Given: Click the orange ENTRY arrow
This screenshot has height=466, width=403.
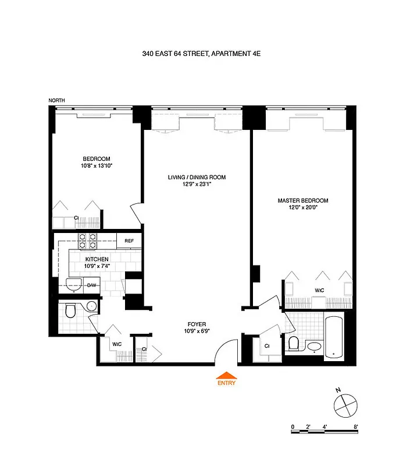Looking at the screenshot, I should tap(227, 376).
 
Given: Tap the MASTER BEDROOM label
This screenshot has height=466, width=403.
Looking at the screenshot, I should tap(302, 200).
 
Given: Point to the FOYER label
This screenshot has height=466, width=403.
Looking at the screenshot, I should tap(197, 324).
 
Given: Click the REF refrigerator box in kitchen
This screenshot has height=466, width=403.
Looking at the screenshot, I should tap(129, 239).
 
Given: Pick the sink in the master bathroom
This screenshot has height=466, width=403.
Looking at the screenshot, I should tap(315, 347).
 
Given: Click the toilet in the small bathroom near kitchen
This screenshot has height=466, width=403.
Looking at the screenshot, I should tap(71, 312).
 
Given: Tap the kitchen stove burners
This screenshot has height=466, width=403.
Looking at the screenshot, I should tap(87, 239).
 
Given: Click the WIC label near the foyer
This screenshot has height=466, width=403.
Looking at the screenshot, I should tap(117, 344).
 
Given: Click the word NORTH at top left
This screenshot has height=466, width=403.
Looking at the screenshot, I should tap(56, 101).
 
